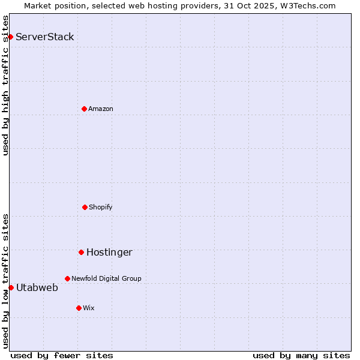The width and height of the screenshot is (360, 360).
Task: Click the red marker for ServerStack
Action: click(x=10, y=37)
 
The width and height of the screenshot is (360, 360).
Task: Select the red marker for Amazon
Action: click(x=84, y=109)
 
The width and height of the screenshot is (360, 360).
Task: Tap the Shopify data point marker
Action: click(x=85, y=207)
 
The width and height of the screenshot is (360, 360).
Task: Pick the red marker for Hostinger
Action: click(x=81, y=252)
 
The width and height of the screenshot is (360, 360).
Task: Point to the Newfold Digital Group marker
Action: click(x=67, y=278)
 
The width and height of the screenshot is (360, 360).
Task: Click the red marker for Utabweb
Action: click(x=11, y=287)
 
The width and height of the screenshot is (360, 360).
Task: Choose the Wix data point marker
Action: click(x=79, y=308)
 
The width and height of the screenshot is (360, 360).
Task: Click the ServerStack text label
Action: click(x=45, y=37)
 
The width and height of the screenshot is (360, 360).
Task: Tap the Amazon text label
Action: click(x=101, y=109)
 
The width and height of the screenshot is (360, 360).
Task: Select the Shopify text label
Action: click(x=101, y=207)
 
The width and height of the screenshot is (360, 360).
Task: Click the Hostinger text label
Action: click(x=109, y=253)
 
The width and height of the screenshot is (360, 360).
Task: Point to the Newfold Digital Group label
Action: click(x=106, y=278)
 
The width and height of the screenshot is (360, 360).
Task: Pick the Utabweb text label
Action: click(x=37, y=288)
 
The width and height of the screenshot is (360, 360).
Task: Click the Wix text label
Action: click(x=89, y=308)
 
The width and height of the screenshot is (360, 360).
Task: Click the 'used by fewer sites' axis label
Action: click(x=62, y=356)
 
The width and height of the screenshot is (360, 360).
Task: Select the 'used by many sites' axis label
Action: click(x=301, y=356)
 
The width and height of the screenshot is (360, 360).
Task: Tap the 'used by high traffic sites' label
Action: click(x=6, y=85)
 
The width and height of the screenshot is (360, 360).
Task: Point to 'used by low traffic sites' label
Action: click(x=6, y=281)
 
